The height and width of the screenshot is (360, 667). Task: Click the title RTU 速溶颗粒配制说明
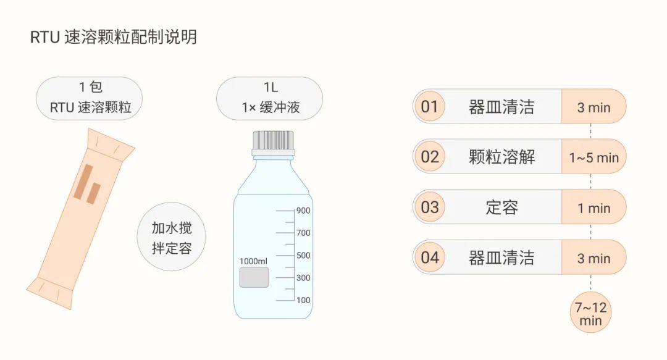114,37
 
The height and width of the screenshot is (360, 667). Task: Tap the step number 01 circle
429,107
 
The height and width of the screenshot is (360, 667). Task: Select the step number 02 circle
429,157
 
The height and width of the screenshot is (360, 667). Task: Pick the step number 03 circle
429,207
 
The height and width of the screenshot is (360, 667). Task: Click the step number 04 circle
429,257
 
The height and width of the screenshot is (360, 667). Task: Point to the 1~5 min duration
594,157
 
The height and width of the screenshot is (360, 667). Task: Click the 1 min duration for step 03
594,208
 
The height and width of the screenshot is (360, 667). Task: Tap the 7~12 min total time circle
590,313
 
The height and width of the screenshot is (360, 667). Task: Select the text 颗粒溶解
501,157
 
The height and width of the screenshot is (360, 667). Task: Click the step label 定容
501,207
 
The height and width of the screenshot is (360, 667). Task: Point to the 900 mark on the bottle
303,211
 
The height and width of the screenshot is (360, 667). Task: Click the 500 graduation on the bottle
303,255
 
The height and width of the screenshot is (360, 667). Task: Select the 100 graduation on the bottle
303,300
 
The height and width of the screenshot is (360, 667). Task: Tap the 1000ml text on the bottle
253,261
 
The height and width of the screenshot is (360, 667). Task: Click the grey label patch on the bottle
254,277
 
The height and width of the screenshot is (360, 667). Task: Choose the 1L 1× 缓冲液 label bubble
270,98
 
